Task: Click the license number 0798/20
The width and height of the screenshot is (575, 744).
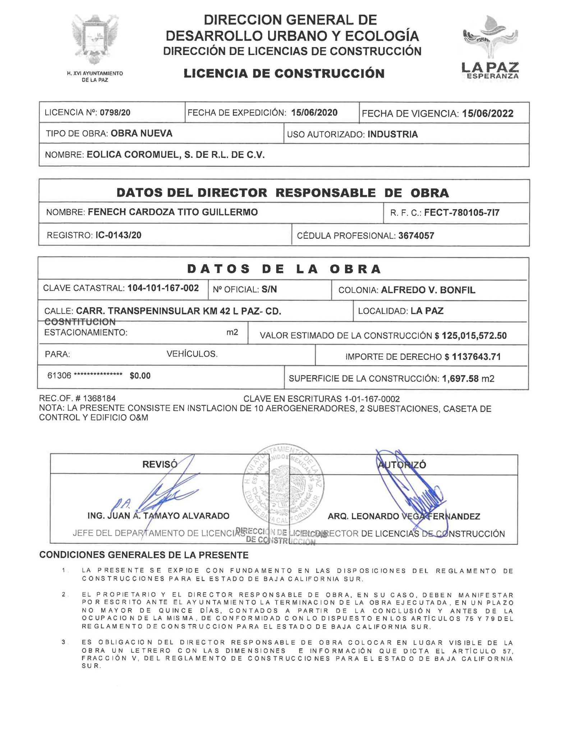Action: (x=115, y=112)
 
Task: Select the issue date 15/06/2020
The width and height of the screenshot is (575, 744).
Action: (x=314, y=112)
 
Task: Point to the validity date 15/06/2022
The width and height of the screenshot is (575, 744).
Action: (x=488, y=114)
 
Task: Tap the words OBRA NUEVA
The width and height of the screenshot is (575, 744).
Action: (x=141, y=133)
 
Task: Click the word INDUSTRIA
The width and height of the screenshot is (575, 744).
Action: (x=392, y=134)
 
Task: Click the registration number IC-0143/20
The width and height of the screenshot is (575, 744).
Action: (x=118, y=235)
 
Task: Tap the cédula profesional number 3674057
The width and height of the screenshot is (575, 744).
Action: (x=416, y=236)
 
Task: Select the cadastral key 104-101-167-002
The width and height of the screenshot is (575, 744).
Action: (x=163, y=288)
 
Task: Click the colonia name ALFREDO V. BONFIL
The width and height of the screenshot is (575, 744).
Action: (x=428, y=290)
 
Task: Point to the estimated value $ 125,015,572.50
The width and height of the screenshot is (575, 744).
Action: (x=470, y=336)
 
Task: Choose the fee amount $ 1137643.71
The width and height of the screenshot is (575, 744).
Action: (x=473, y=357)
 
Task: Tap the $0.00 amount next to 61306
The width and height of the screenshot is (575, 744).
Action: (x=140, y=376)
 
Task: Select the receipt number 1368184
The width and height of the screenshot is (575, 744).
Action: (x=99, y=398)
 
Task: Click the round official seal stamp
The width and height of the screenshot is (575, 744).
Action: (x=283, y=484)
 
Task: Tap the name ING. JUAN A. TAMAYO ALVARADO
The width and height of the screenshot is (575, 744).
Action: (x=158, y=516)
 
